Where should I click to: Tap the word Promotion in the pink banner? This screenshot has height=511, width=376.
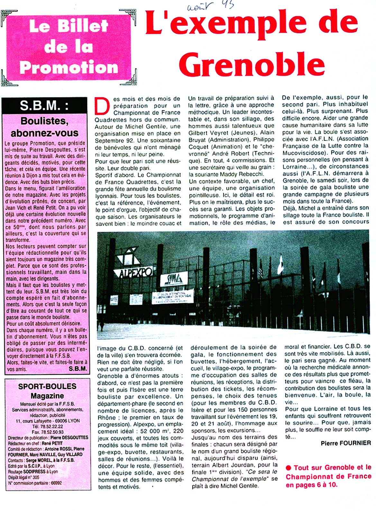(69, 67)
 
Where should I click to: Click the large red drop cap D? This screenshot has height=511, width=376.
(102, 106)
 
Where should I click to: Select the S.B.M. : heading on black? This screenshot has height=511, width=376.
(44, 106)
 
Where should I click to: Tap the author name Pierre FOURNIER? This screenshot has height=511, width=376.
(346, 443)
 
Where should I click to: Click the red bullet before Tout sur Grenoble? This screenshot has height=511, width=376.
(288, 468)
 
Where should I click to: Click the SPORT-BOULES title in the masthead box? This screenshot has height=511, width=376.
(47, 386)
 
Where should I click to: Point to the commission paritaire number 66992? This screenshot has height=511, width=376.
(56, 483)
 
